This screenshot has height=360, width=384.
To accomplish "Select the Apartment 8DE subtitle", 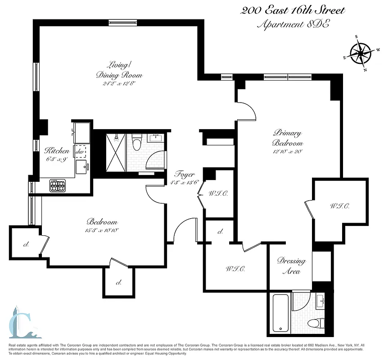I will pyautogui.click(x=293, y=24).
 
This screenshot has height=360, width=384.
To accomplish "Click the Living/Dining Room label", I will pyautogui.click(x=119, y=69).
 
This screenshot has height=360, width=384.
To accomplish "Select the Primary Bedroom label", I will pyautogui.click(x=286, y=138).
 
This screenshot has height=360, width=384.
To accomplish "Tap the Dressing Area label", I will pyautogui.click(x=291, y=266).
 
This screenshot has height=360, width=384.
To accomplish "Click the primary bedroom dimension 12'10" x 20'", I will pyautogui.click(x=286, y=152).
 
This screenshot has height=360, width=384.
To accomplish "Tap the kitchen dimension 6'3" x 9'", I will pyautogui.click(x=56, y=159).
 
